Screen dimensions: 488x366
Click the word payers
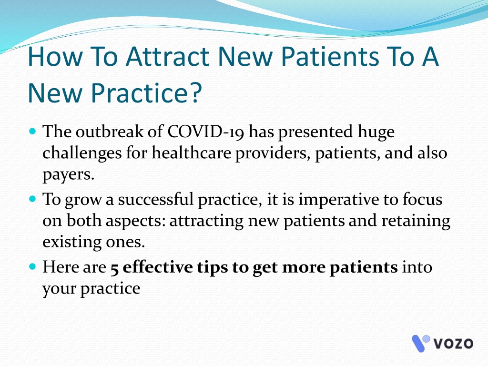pyautogui.click(x=68, y=174)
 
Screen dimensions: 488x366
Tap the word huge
pyautogui.click(x=376, y=132)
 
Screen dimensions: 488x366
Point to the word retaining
pyautogui.click(x=416, y=221)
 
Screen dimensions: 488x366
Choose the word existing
pyautogui.click(x=72, y=242)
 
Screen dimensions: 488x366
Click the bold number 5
pyautogui.click(x=114, y=268)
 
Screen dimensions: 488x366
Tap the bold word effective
pyautogui.click(x=158, y=267)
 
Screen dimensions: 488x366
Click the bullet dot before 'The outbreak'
pyautogui.click(x=32, y=131)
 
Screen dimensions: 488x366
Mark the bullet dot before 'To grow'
pyautogui.click(x=32, y=199)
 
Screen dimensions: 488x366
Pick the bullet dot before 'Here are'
pyautogui.click(x=32, y=266)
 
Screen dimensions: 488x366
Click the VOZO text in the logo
pyautogui.click(x=453, y=344)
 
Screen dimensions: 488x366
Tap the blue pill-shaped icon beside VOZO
pyautogui.click(x=418, y=344)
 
